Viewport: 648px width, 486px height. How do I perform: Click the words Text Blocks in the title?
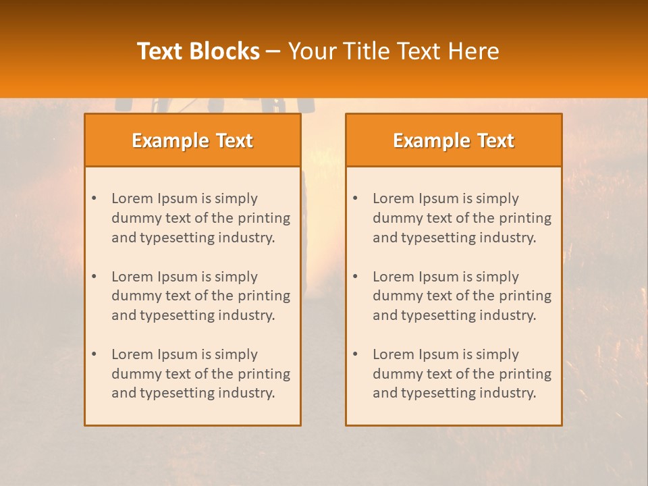coord(198,51)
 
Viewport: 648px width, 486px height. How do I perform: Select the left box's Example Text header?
coord(192,140)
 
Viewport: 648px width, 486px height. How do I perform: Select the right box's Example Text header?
coord(454,140)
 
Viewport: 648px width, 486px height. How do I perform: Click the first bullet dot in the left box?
coord(94,198)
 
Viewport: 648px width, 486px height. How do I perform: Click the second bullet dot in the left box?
coord(94,277)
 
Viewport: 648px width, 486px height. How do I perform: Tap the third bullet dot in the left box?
coord(94,354)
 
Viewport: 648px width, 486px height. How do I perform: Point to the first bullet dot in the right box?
coord(355,198)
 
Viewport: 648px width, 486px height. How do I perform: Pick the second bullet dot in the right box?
coord(355,277)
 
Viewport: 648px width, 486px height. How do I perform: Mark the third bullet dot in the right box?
coord(355,354)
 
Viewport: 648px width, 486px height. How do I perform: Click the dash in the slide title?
coord(273,51)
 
